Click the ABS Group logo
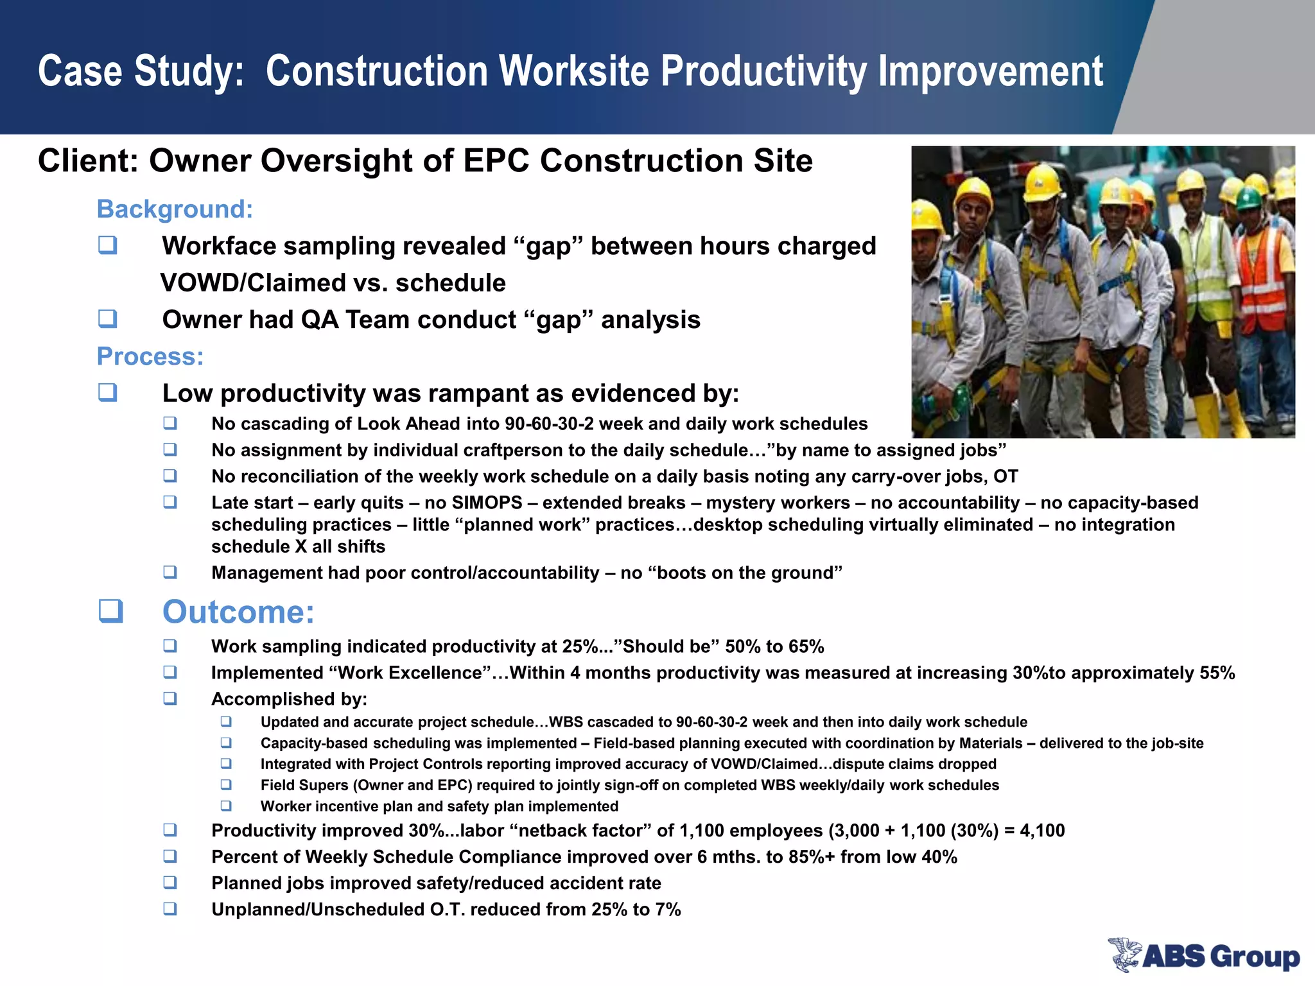[1203, 955]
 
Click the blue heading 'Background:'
[175, 209]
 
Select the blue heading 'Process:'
[150, 356]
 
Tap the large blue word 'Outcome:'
[238, 612]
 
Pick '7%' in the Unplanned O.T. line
[668, 910]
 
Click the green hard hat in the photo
[1248, 198]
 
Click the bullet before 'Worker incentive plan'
[226, 806]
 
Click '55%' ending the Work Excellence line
[1217, 673]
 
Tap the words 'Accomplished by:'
[289, 699]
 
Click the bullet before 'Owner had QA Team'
[107, 318]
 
